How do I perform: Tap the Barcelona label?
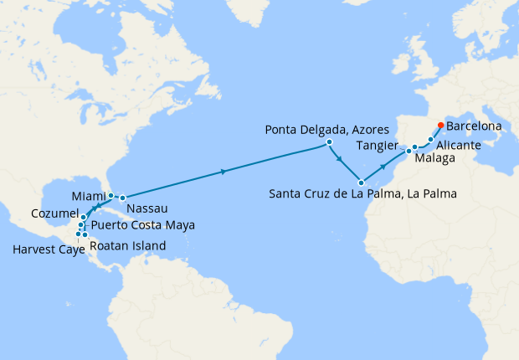tap(474, 126)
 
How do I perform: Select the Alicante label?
tap(458, 145)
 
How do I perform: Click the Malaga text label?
tap(435, 158)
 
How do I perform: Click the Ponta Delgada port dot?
tap(329, 142)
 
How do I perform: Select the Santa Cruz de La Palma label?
tap(362, 194)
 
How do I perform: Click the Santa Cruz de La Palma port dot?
tap(361, 182)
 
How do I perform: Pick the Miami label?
tap(89, 196)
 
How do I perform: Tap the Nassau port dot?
tap(122, 198)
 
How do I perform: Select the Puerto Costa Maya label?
tap(142, 225)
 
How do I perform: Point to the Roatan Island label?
tap(126, 246)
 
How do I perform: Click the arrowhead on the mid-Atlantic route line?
tap(223, 172)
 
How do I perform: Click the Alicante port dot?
tap(431, 140)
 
